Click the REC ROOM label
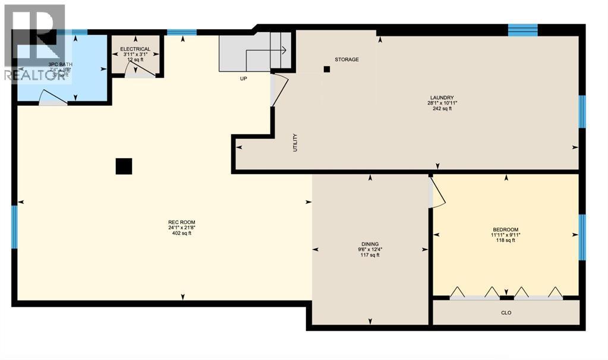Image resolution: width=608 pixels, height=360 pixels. (x=181, y=222)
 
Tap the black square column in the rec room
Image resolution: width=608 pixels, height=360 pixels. (x=124, y=166)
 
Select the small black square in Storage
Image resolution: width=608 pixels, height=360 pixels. (x=326, y=70)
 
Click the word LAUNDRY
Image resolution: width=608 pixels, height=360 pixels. (x=442, y=97)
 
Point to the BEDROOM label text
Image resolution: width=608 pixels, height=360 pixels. (x=506, y=229)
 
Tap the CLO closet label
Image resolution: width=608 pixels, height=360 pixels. (x=506, y=312)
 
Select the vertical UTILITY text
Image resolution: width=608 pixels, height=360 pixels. (x=295, y=143)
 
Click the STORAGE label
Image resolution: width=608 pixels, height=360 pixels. (x=346, y=59)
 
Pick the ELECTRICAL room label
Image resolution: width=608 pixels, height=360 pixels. (x=135, y=49)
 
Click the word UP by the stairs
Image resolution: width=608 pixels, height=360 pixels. (x=244, y=78)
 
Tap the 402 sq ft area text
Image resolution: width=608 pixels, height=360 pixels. (x=181, y=233)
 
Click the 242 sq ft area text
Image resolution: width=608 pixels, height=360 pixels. (x=442, y=108)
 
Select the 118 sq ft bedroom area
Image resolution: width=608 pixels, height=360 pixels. (x=506, y=240)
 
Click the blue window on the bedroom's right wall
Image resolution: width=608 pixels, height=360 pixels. (x=582, y=237)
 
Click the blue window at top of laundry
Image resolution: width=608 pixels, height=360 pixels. (x=523, y=30)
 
